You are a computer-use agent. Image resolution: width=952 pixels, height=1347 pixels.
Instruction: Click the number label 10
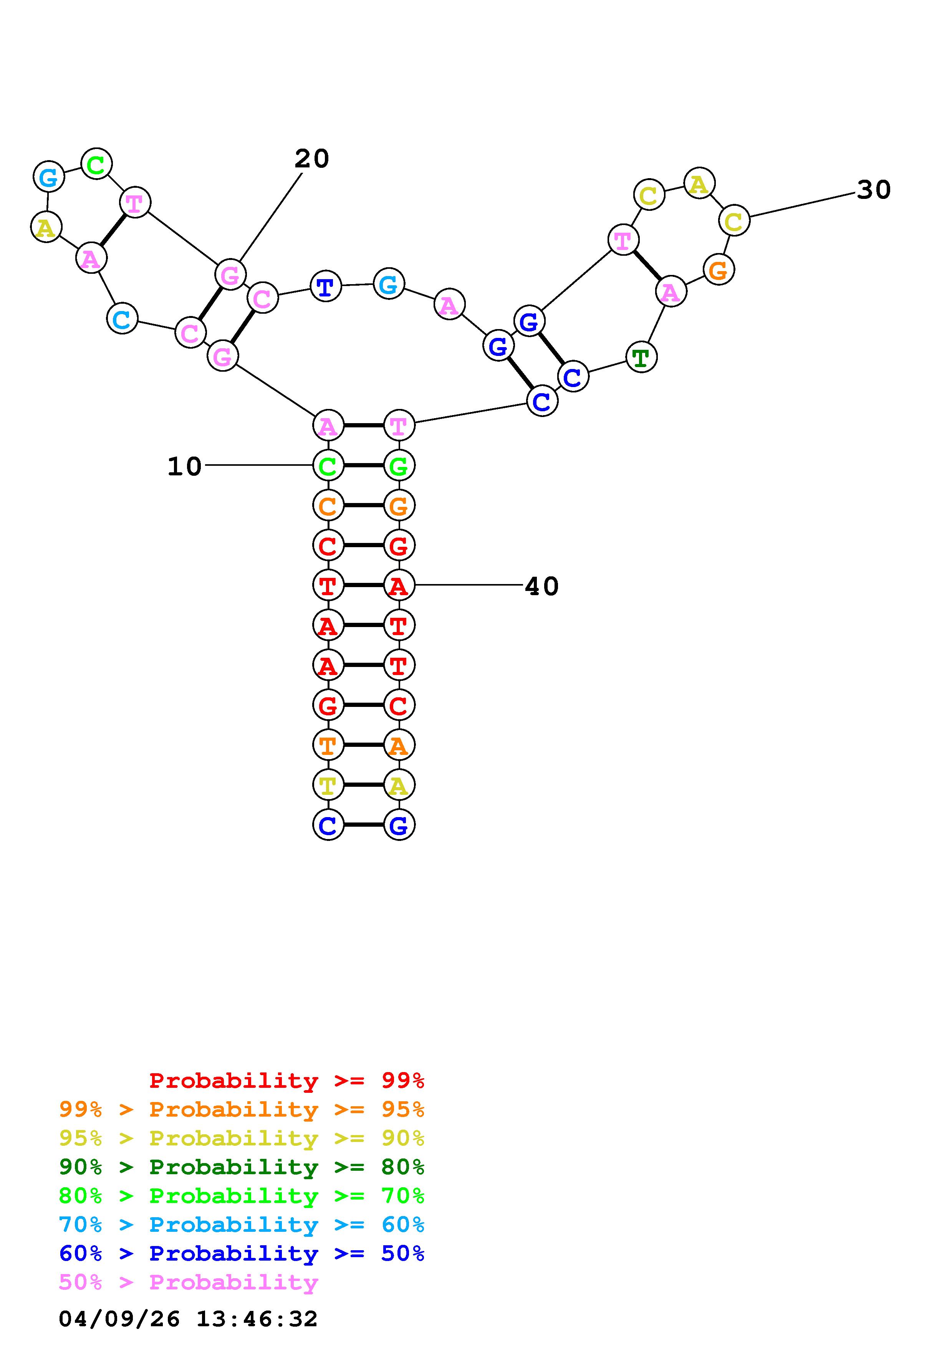tap(184, 467)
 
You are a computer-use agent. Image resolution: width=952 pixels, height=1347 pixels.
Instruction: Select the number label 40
tap(541, 586)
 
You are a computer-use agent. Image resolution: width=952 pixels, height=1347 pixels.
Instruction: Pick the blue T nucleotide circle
tap(326, 286)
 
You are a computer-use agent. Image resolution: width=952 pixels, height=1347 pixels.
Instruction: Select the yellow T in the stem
tap(328, 785)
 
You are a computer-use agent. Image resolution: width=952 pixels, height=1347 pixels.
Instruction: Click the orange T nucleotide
tap(328, 745)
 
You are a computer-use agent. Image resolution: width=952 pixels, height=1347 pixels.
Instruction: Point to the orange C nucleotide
tap(328, 505)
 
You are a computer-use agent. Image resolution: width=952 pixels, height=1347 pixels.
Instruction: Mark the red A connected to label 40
tap(399, 586)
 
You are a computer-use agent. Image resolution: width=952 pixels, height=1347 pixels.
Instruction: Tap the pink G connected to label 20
tap(230, 274)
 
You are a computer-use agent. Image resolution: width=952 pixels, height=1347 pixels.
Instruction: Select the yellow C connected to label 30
tap(734, 221)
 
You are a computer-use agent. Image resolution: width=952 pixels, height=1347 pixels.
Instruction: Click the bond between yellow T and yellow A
tap(364, 785)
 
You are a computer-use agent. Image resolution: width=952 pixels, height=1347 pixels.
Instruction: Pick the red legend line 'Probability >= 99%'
tap(286, 1080)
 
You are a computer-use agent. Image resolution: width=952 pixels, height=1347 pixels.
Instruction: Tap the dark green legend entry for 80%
tap(241, 1167)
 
